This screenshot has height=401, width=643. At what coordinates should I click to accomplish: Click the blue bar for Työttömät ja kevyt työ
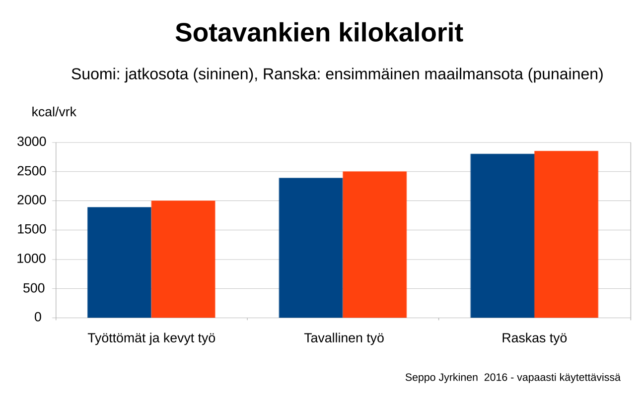tap(119, 262)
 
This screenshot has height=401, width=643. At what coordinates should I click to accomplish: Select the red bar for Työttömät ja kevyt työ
tap(183, 259)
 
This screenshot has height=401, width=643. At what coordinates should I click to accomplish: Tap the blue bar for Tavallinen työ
tap(311, 248)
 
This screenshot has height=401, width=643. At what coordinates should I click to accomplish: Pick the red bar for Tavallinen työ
tap(374, 244)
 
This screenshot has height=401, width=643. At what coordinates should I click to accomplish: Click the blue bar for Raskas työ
tap(502, 236)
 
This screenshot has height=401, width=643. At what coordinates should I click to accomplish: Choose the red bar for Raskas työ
tap(567, 234)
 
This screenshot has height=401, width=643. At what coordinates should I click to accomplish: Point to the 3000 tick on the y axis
tap(32, 142)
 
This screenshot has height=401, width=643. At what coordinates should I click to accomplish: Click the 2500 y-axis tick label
tap(32, 171)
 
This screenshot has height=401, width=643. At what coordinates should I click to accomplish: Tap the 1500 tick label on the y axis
tap(32, 229)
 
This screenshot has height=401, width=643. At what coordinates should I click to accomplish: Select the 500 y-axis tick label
tap(34, 288)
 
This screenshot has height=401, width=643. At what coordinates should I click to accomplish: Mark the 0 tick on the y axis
tap(38, 317)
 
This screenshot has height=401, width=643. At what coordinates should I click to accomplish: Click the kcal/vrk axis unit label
tap(54, 112)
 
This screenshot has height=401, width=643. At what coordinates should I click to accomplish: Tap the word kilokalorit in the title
tap(401, 32)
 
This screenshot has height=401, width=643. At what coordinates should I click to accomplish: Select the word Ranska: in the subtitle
tap(291, 74)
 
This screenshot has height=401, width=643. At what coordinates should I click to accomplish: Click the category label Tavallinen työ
tap(344, 338)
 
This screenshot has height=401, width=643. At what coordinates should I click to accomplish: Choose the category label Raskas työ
tap(534, 338)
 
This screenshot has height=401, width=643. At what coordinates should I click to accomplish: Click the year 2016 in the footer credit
tap(496, 378)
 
